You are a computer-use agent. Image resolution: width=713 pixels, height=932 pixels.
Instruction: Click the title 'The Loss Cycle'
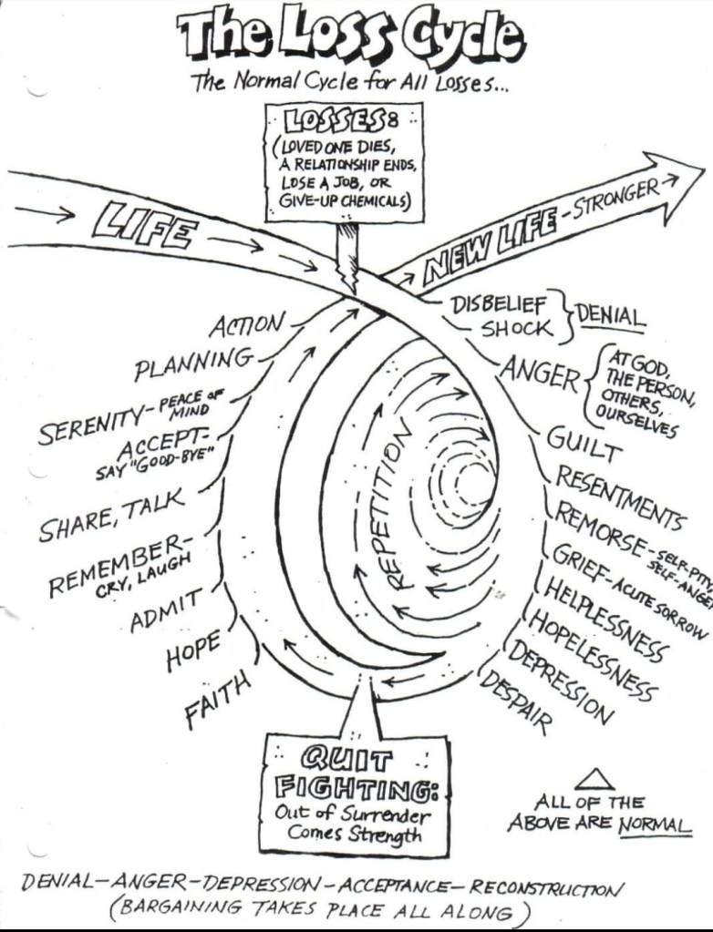[x=352, y=36]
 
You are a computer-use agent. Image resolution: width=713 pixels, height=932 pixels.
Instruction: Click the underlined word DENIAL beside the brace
[x=610, y=316]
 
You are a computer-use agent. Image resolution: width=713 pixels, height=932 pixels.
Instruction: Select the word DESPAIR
[x=515, y=701]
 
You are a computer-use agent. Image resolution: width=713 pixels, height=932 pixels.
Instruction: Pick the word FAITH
[x=218, y=701]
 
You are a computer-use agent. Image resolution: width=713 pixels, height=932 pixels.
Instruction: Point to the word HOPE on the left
[x=193, y=650]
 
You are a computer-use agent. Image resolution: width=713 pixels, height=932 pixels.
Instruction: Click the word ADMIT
[x=165, y=609]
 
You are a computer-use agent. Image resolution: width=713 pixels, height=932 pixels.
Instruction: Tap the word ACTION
[x=247, y=325]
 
